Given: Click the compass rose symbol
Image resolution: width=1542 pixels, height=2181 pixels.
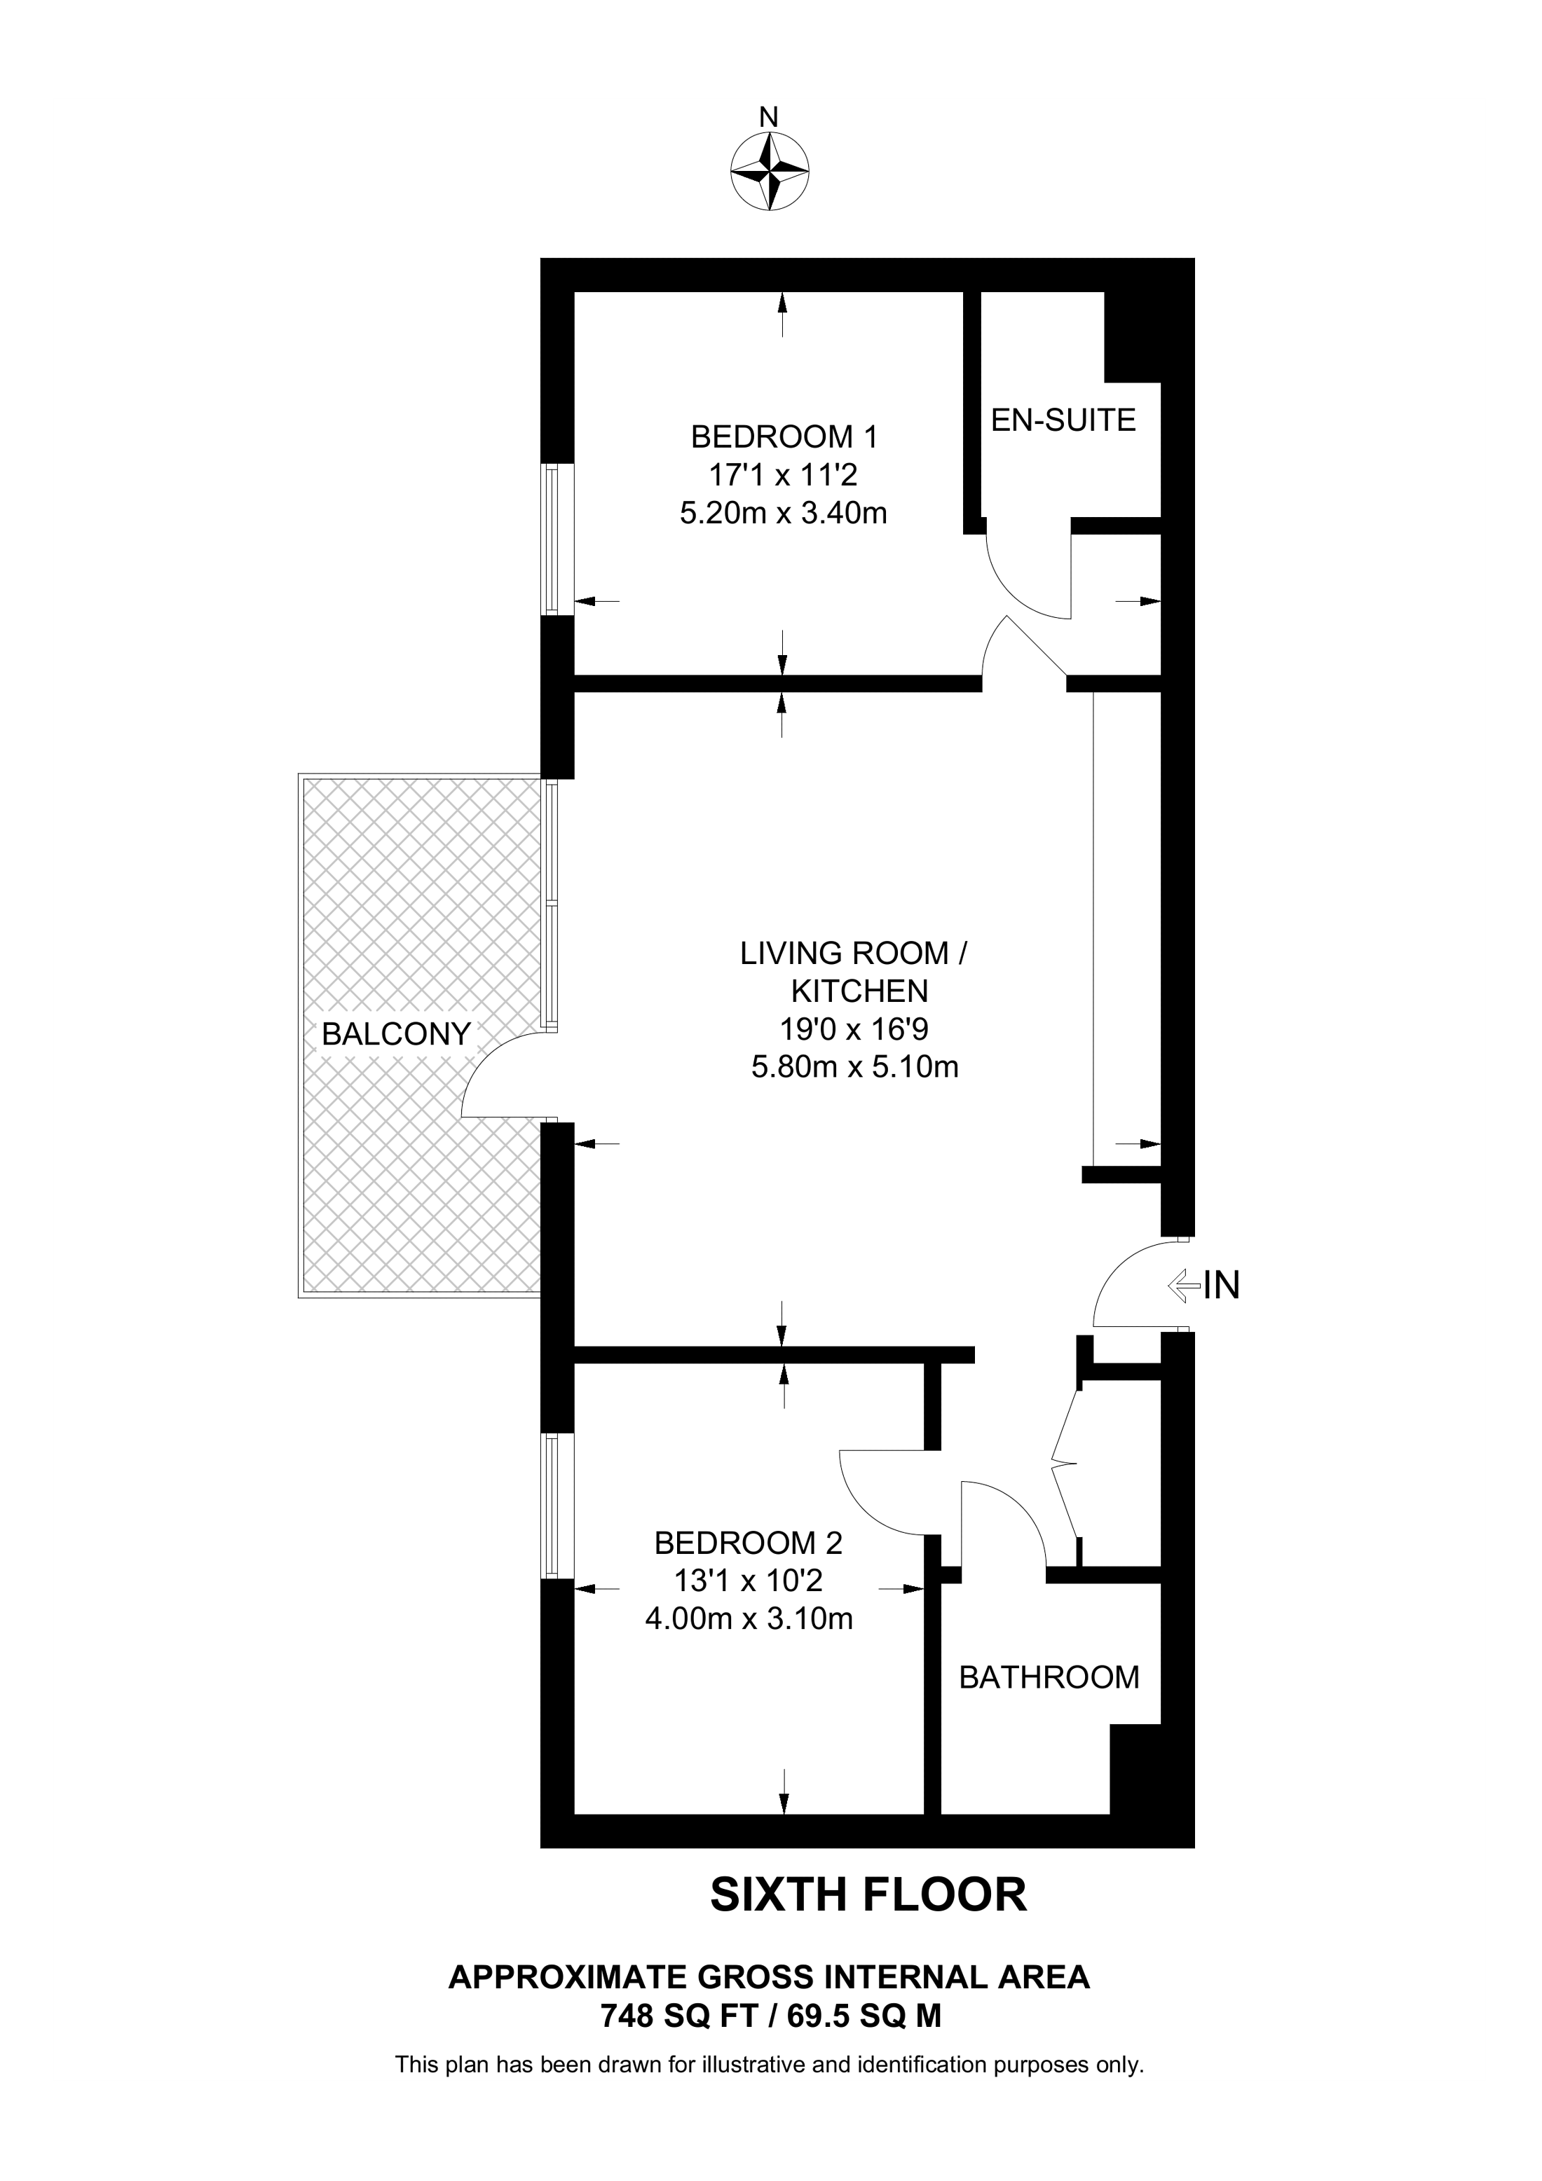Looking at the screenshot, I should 770,172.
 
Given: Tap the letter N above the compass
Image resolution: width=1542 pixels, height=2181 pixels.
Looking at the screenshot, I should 769,118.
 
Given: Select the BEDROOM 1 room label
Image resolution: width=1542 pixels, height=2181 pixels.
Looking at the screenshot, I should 784,437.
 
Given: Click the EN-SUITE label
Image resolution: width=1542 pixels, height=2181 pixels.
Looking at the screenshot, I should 1063,420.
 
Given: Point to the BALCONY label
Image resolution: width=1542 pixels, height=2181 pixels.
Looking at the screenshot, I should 396,1033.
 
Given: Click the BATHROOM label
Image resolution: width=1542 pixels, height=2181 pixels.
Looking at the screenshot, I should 1049,1677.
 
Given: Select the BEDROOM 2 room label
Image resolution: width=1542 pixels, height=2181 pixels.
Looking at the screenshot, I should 749,1543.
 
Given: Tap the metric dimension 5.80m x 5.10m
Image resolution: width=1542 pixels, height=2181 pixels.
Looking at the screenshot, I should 854,1067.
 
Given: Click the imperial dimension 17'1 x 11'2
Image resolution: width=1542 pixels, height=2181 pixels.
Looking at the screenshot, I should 784,475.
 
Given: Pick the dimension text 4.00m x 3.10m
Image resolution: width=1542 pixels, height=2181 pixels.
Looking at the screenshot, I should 749,1618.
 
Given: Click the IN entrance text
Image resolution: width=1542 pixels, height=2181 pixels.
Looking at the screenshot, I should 1222,1285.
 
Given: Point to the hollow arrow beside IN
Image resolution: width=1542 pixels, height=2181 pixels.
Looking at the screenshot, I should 1184,1286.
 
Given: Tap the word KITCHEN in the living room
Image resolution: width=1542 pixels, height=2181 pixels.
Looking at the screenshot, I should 860,991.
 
